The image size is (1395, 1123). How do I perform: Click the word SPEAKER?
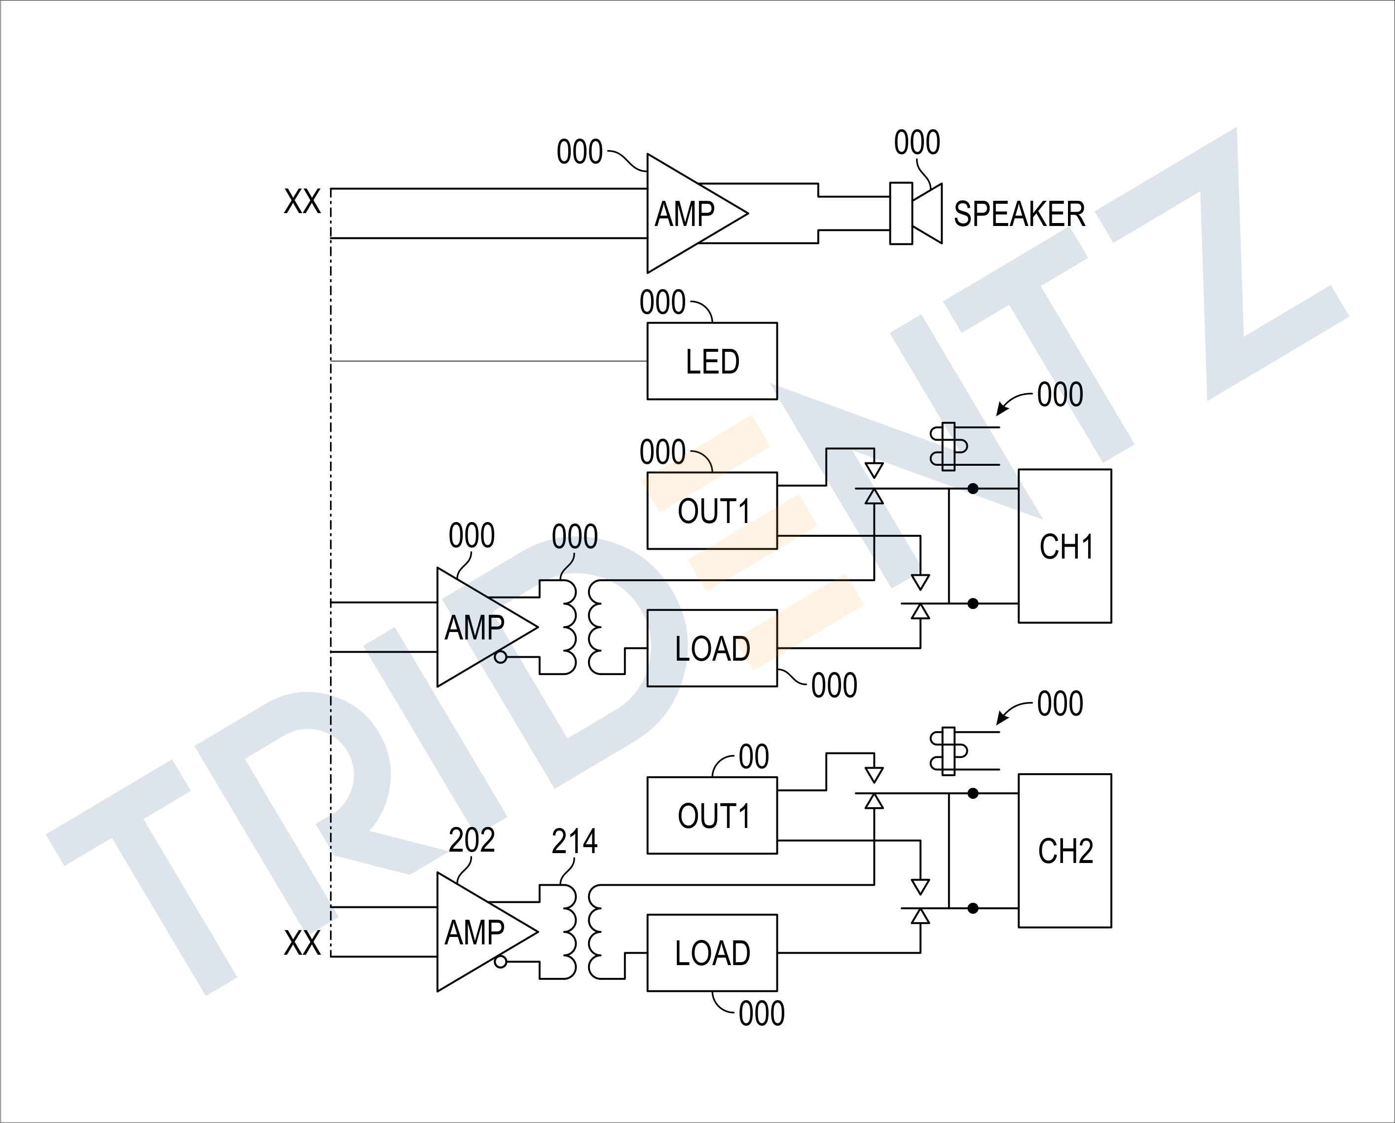[1020, 214]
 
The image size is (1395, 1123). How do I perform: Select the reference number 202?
[472, 840]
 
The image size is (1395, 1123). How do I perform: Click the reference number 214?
[575, 841]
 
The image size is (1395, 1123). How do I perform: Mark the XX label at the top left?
[302, 201]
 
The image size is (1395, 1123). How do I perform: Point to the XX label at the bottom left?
[302, 942]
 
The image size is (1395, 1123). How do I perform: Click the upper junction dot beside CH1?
[972, 488]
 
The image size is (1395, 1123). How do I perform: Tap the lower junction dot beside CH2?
[972, 908]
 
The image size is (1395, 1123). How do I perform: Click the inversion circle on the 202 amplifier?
[500, 962]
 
